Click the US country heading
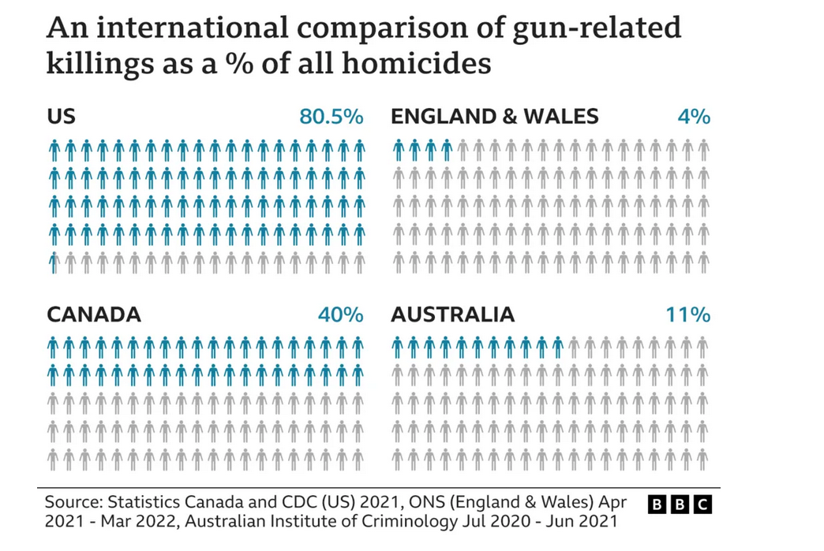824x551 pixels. pyautogui.click(x=61, y=117)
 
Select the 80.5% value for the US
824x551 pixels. pyautogui.click(x=331, y=117)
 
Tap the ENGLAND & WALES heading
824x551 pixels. pyautogui.click(x=495, y=117)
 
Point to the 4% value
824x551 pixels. pyautogui.click(x=694, y=117)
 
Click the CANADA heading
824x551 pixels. pyautogui.click(x=94, y=315)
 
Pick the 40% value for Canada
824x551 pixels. pyautogui.click(x=340, y=315)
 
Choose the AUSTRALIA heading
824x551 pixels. pyautogui.click(x=452, y=315)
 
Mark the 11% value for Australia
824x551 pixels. pyautogui.click(x=687, y=315)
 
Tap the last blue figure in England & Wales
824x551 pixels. pyautogui.click(x=447, y=150)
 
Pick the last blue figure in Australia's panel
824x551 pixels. pyautogui.click(x=558, y=347)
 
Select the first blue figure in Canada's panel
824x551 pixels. pyautogui.click(x=54, y=347)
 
